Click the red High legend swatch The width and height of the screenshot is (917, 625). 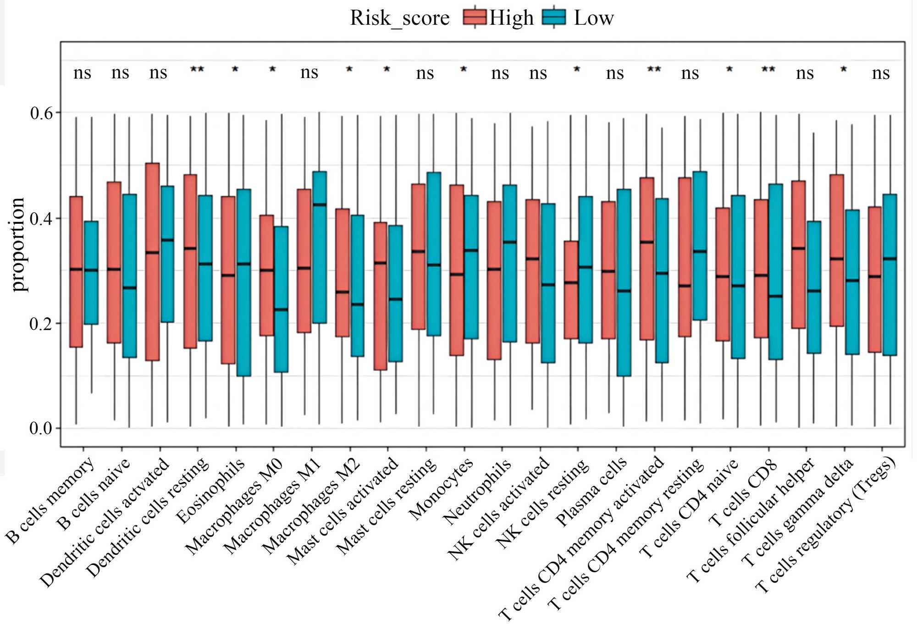point(475,17)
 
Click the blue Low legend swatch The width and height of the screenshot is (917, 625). point(553,17)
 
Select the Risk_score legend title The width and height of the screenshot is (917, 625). point(400,18)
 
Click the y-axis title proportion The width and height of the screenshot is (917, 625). point(18,244)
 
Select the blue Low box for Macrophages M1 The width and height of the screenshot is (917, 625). point(320,248)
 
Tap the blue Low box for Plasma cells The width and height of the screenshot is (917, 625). point(624,282)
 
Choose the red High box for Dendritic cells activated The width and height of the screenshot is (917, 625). point(152,261)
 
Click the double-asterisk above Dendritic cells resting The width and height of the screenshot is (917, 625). point(197,70)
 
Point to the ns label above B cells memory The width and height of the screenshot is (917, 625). point(83,72)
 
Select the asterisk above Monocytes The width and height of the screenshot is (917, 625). point(464,70)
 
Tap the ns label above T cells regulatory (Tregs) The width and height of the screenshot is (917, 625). point(881,73)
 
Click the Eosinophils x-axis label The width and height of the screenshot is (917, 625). point(211,491)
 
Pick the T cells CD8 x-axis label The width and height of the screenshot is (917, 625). point(743,493)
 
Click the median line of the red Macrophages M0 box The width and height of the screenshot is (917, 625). point(266,270)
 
